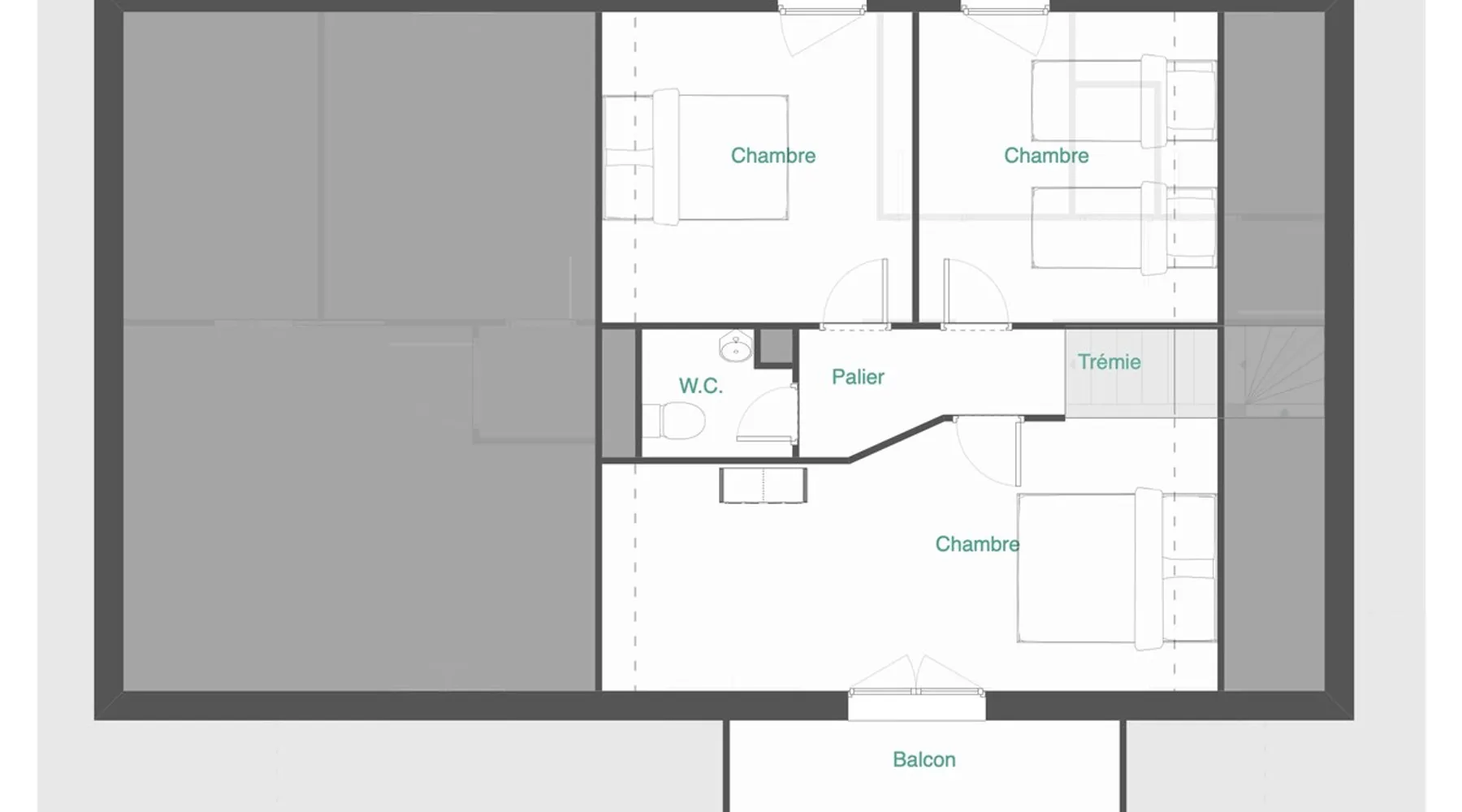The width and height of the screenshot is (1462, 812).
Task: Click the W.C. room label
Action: pos(700,386)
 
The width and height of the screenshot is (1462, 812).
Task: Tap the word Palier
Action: pos(858,377)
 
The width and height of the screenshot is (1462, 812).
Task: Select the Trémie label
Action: pos(1109,362)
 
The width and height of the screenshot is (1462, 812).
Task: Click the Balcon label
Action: pos(923,760)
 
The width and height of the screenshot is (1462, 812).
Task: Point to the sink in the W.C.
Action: pos(736,348)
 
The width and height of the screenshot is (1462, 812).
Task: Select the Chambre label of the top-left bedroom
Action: pos(772,156)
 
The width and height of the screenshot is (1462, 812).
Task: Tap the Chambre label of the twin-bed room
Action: pos(1046,156)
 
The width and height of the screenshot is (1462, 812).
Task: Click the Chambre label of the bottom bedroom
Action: pos(977,544)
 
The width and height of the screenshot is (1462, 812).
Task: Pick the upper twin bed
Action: pos(1124,101)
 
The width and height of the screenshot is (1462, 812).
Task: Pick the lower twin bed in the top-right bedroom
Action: pos(1124,228)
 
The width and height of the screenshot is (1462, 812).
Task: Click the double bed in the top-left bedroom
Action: pos(695,158)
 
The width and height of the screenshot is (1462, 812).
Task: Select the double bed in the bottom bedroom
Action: pos(1117,568)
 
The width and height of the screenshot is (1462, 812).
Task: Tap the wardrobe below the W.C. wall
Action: pos(763,485)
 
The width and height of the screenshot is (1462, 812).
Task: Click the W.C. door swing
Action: pos(766,414)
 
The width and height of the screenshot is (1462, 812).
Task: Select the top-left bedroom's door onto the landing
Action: pos(855,294)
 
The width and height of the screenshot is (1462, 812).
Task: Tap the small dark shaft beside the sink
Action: pos(776,347)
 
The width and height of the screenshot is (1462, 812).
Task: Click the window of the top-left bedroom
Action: pos(822,9)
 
